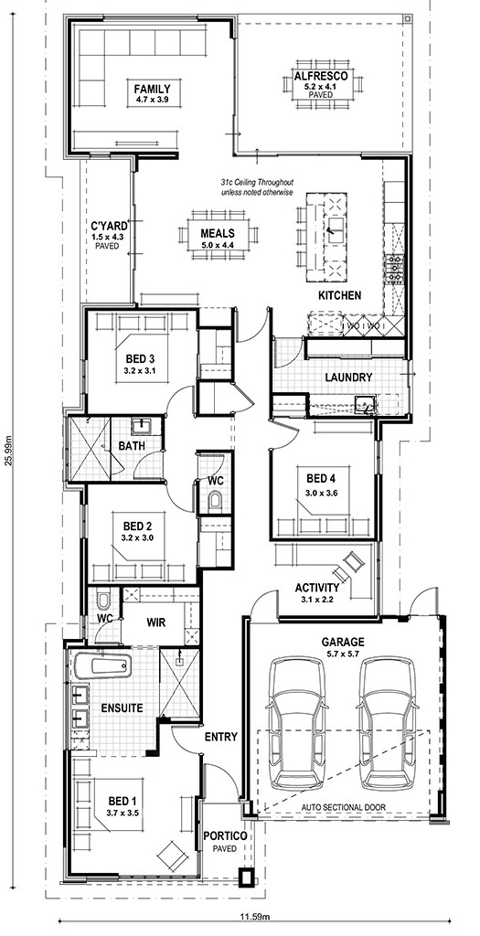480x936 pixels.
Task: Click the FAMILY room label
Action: pyautogui.click(x=152, y=89)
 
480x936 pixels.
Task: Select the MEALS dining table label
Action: pyautogui.click(x=218, y=233)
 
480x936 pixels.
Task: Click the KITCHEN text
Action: pyautogui.click(x=340, y=295)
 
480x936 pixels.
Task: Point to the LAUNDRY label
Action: pyautogui.click(x=348, y=378)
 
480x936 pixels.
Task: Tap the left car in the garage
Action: pyautogui.click(x=297, y=723)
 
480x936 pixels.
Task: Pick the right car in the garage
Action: pyautogui.click(x=389, y=723)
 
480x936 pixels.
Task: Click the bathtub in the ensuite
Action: pyautogui.click(x=102, y=665)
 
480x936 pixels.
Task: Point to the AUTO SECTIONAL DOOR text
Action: pyautogui.click(x=343, y=807)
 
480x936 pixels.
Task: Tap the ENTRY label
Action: pyautogui.click(x=221, y=738)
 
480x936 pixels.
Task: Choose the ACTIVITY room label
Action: pyautogui.click(x=317, y=588)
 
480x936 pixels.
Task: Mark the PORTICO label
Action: pyautogui.click(x=225, y=836)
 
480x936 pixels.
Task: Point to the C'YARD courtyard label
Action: pyautogui.click(x=109, y=226)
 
